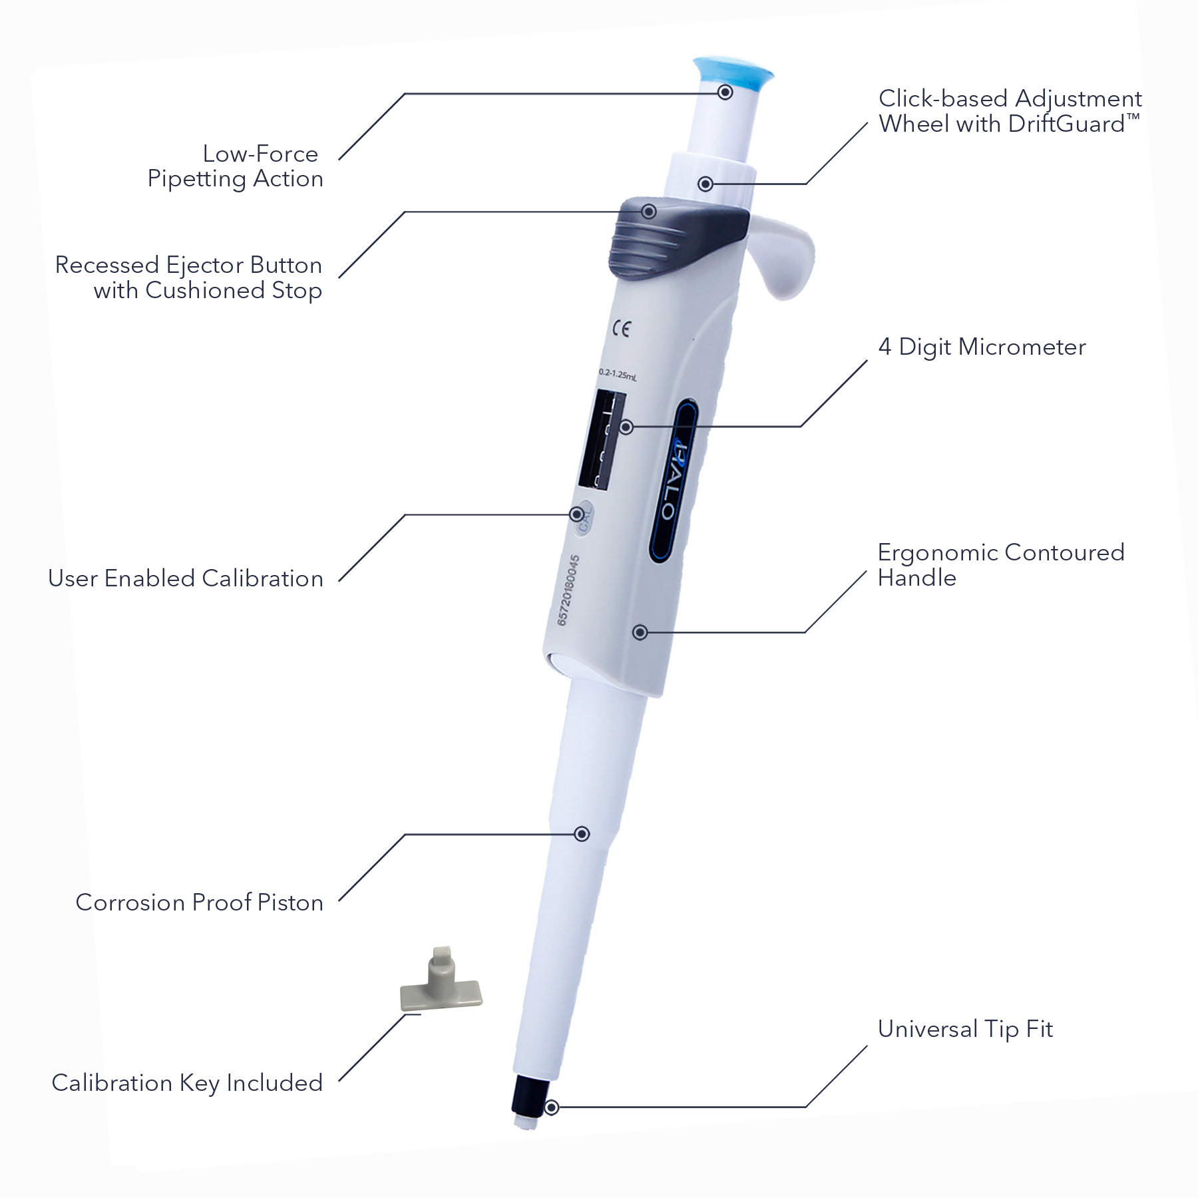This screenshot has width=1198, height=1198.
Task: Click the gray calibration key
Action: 441,985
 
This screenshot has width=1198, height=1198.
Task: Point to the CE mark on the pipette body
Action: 621,328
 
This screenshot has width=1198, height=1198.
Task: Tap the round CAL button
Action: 584,517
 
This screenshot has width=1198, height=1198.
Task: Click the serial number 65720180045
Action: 568,590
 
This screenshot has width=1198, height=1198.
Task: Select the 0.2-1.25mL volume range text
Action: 617,375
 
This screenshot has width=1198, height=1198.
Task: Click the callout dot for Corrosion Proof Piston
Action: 582,834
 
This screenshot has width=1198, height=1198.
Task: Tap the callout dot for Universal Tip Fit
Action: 551,1107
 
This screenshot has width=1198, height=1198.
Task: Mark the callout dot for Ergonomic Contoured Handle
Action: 640,632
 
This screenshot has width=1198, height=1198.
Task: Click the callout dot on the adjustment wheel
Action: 705,184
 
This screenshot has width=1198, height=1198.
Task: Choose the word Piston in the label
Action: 290,902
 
